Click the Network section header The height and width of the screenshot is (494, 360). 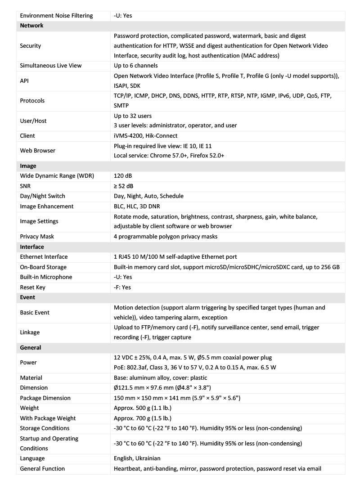(31, 26)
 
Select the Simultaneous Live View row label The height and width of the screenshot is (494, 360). (51, 66)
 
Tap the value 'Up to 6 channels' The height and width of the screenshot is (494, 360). (135, 66)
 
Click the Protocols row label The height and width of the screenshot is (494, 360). (32, 101)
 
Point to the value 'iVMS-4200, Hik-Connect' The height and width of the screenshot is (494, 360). (146, 135)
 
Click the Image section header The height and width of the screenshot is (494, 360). (28, 166)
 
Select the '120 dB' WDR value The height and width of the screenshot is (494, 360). (123, 176)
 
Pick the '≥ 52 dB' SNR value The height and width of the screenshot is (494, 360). (124, 186)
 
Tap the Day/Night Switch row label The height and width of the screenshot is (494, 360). (43, 196)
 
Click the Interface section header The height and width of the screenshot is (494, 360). (32, 247)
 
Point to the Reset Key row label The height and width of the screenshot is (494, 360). (33, 287)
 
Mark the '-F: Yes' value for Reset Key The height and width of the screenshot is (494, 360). (123, 287)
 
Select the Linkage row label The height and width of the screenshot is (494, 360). (30, 332)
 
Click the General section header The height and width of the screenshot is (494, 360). (31, 348)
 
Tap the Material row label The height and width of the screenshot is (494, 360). (31, 378)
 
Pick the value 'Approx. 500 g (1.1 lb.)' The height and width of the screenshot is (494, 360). (143, 408)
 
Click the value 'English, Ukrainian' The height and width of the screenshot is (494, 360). (137, 458)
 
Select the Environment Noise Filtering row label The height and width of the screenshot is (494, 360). (57, 16)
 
